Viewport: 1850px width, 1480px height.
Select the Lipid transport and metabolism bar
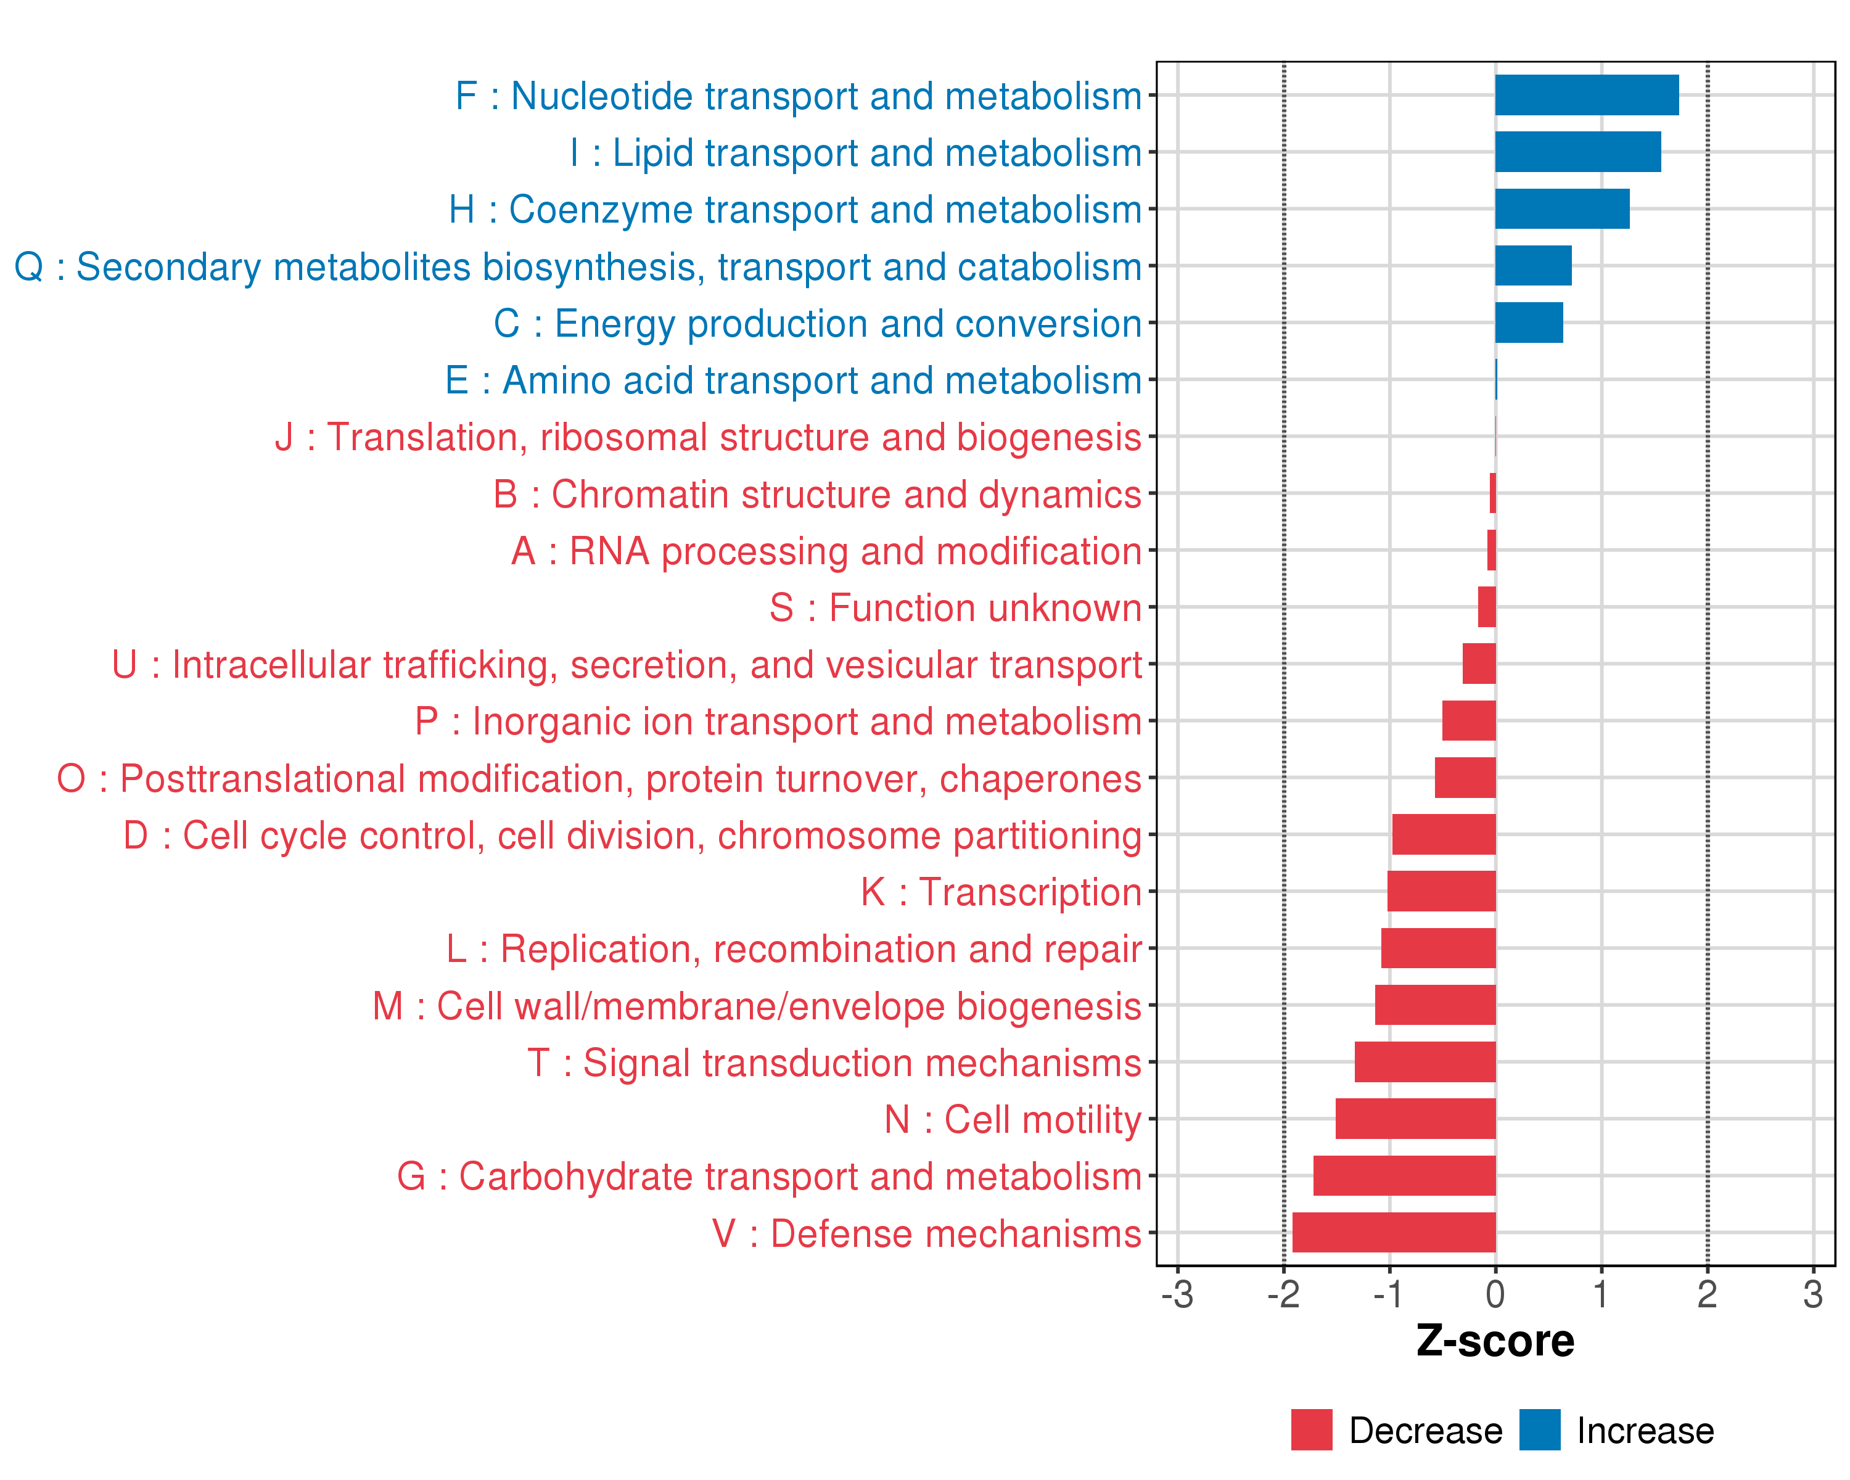(1577, 152)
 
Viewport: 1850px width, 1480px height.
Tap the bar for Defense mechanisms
(1394, 1232)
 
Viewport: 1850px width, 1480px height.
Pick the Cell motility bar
(1415, 1119)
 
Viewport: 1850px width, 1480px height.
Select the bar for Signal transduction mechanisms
(1424, 1062)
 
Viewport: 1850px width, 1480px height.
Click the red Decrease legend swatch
(1311, 1430)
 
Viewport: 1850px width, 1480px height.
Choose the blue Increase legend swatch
(1539, 1430)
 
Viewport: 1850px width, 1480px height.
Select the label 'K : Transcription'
(1000, 892)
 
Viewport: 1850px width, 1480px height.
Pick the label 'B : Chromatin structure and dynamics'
(817, 494)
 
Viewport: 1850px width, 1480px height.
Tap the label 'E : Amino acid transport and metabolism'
(793, 380)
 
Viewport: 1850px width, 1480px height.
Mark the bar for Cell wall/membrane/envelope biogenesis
(1435, 1005)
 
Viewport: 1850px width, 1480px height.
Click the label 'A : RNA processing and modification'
(826, 551)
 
